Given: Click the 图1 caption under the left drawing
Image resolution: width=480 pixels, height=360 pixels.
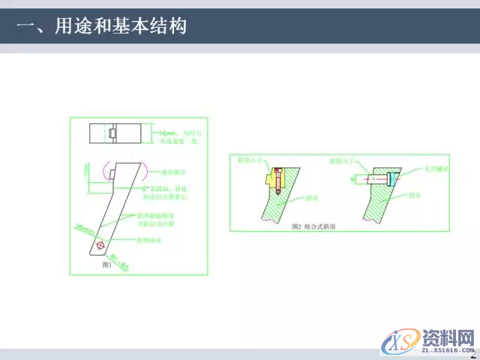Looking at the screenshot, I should click(106, 264).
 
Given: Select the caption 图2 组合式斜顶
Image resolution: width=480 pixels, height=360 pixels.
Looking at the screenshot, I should click(320, 226).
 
